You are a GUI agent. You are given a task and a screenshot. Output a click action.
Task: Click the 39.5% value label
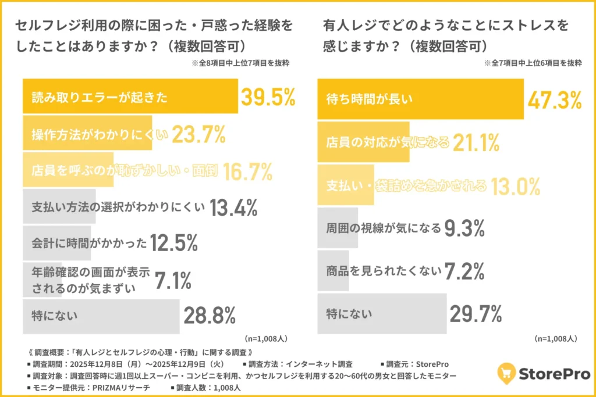tap(268, 97)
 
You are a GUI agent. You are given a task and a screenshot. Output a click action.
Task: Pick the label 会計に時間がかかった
tap(89, 243)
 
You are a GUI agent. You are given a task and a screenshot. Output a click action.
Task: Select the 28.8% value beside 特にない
tap(210, 316)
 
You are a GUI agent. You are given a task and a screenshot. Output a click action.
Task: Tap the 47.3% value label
tap(554, 99)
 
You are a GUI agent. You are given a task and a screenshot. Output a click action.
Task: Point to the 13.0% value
tap(515, 186)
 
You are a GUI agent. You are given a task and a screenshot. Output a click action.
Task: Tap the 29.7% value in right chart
tap(476, 314)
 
